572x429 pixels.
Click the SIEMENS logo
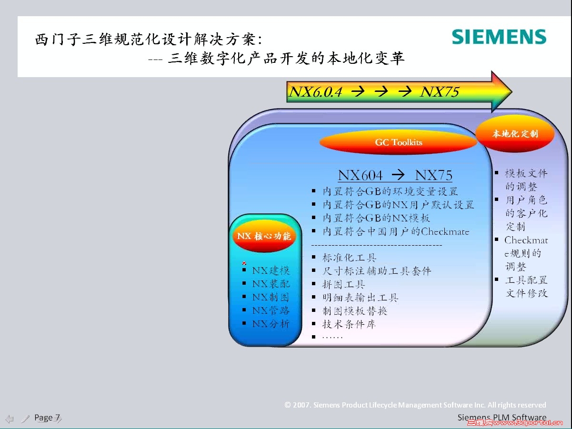click(x=499, y=37)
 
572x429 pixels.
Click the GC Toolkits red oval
click(x=398, y=142)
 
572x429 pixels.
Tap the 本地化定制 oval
click(x=515, y=133)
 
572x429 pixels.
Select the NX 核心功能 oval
click(x=264, y=236)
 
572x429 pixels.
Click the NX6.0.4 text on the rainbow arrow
click(x=315, y=92)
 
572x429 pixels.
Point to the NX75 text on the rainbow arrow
click(x=439, y=92)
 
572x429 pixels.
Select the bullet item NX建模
click(x=271, y=270)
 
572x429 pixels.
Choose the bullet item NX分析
click(x=271, y=324)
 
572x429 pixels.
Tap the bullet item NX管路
click(x=271, y=310)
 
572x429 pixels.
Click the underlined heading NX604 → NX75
click(x=395, y=175)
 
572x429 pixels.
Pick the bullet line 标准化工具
click(x=349, y=258)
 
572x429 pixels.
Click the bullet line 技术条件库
click(x=349, y=324)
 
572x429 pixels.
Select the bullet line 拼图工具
click(x=343, y=284)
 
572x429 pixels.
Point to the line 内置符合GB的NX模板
click(x=376, y=218)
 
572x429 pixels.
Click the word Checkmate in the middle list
click(x=445, y=231)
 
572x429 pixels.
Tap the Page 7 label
click(x=47, y=418)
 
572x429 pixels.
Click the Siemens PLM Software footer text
click(x=502, y=418)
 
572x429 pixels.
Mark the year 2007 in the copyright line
click(x=301, y=405)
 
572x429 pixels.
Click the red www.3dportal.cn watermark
click(x=515, y=423)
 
